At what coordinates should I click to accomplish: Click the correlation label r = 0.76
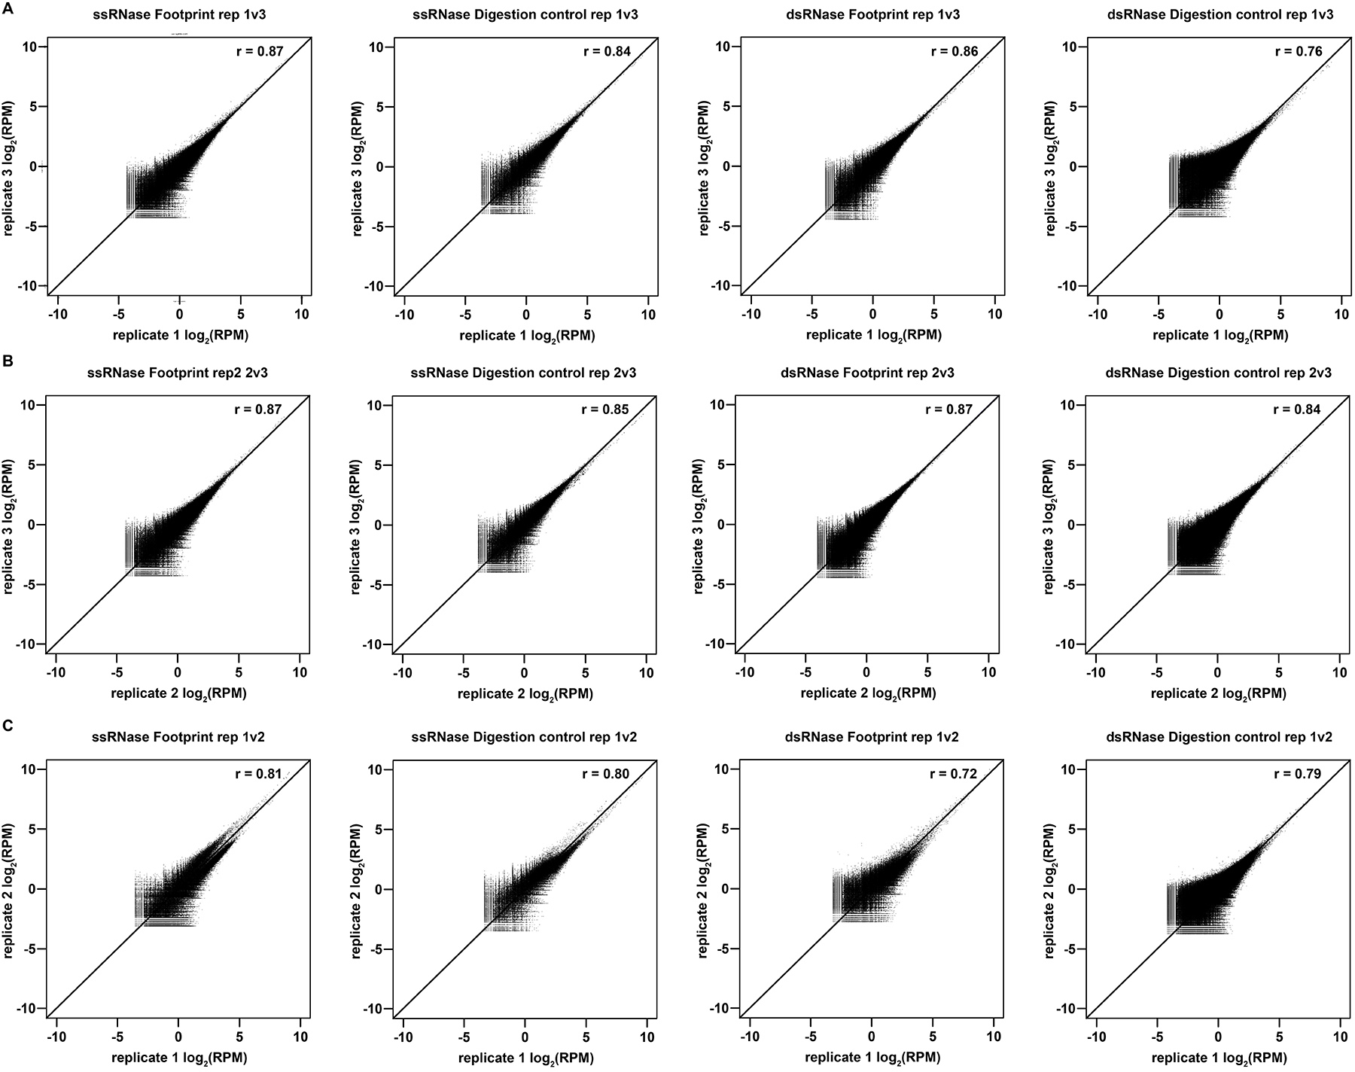point(1299,52)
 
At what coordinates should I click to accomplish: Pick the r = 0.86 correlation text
point(955,52)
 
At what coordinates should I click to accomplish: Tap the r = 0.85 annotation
point(605,410)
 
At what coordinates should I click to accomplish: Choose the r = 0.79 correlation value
point(1298,773)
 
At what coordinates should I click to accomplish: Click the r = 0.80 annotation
point(606,773)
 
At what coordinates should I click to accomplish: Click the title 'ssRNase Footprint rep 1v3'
point(178,14)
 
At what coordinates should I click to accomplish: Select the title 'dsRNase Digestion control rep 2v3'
point(1219,373)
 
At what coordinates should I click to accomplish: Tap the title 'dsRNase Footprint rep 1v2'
point(872,737)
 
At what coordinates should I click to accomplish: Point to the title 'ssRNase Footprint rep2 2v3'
point(178,373)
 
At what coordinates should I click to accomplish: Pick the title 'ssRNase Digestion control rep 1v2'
point(525,737)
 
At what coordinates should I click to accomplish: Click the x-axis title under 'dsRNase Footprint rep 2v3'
point(868,693)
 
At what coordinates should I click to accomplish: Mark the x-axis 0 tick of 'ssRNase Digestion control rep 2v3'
point(524,672)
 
